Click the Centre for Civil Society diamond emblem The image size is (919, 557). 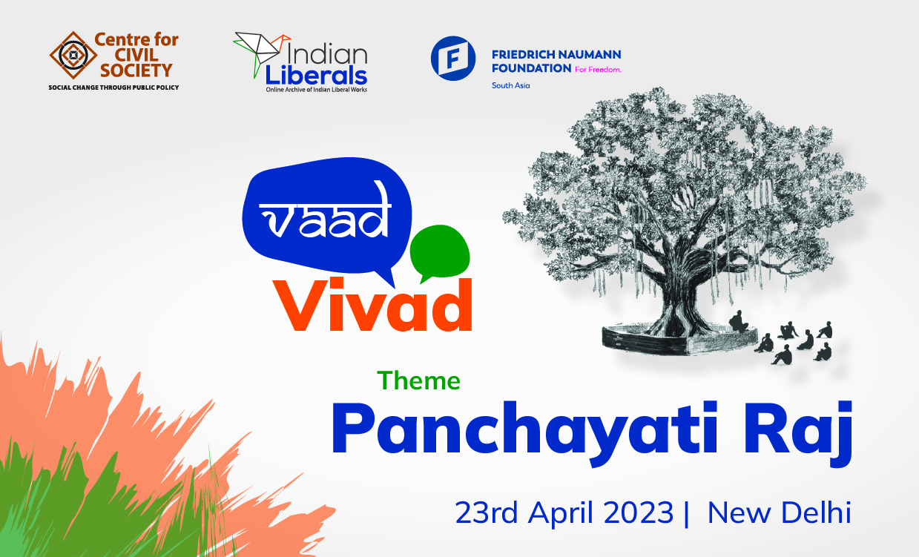72,55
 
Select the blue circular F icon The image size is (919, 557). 452,58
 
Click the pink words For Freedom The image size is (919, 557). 598,69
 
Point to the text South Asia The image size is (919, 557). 511,86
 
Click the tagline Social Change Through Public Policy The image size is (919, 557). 113,88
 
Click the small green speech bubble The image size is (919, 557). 440,252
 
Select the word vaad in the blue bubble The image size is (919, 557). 327,216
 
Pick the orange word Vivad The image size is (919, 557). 375,306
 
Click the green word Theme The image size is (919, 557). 418,380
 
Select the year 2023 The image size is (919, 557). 635,513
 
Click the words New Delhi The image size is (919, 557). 779,513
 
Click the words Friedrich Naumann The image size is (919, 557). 556,55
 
